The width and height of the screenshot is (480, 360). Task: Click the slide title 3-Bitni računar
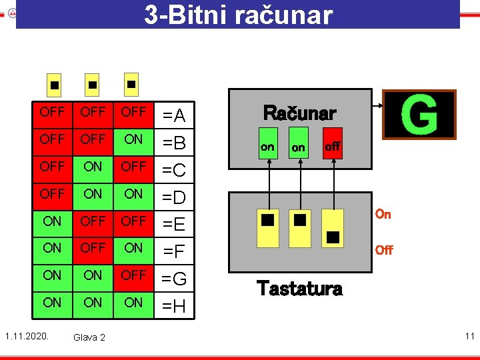(238, 14)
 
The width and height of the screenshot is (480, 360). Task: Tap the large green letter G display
(419, 115)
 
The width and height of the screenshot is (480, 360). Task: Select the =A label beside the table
(174, 117)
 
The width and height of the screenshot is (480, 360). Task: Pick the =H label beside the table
(174, 307)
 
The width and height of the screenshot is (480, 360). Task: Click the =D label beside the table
(174, 198)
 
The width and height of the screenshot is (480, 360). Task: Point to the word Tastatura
(299, 288)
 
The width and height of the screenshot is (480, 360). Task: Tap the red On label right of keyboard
(383, 214)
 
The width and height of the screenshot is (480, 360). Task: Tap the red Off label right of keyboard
(383, 250)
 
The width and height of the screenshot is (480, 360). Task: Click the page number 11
(469, 336)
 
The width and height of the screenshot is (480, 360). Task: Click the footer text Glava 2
(89, 337)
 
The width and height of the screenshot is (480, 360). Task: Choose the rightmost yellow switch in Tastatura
(333, 229)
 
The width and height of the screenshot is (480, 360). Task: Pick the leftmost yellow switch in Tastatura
(268, 229)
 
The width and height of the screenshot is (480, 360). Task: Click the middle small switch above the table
(93, 85)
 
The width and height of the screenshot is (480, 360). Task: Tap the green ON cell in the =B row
(133, 139)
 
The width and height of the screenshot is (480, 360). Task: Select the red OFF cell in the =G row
(133, 275)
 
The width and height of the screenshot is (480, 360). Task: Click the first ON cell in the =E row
(52, 221)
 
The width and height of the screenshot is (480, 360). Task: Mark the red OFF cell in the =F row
(93, 248)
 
